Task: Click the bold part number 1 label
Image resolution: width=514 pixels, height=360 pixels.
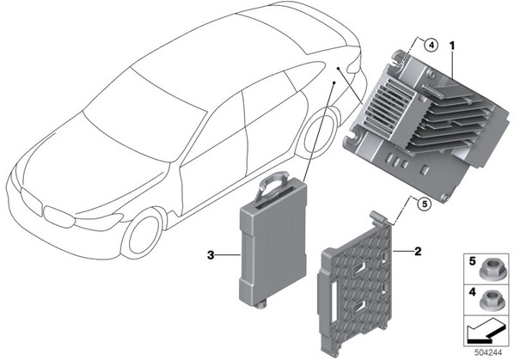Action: coord(452,46)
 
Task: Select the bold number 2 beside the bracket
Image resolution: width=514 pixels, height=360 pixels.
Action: coord(418,252)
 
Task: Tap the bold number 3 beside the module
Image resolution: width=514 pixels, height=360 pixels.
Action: coord(211,255)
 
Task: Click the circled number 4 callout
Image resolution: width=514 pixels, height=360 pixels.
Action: coord(431,46)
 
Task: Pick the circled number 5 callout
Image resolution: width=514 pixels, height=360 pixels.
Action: coord(425,204)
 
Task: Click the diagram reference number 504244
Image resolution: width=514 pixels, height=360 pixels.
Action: coord(488,352)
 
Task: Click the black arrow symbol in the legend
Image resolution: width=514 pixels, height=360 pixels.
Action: coord(486,333)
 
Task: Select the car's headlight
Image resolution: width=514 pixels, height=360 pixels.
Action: coord(98,221)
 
